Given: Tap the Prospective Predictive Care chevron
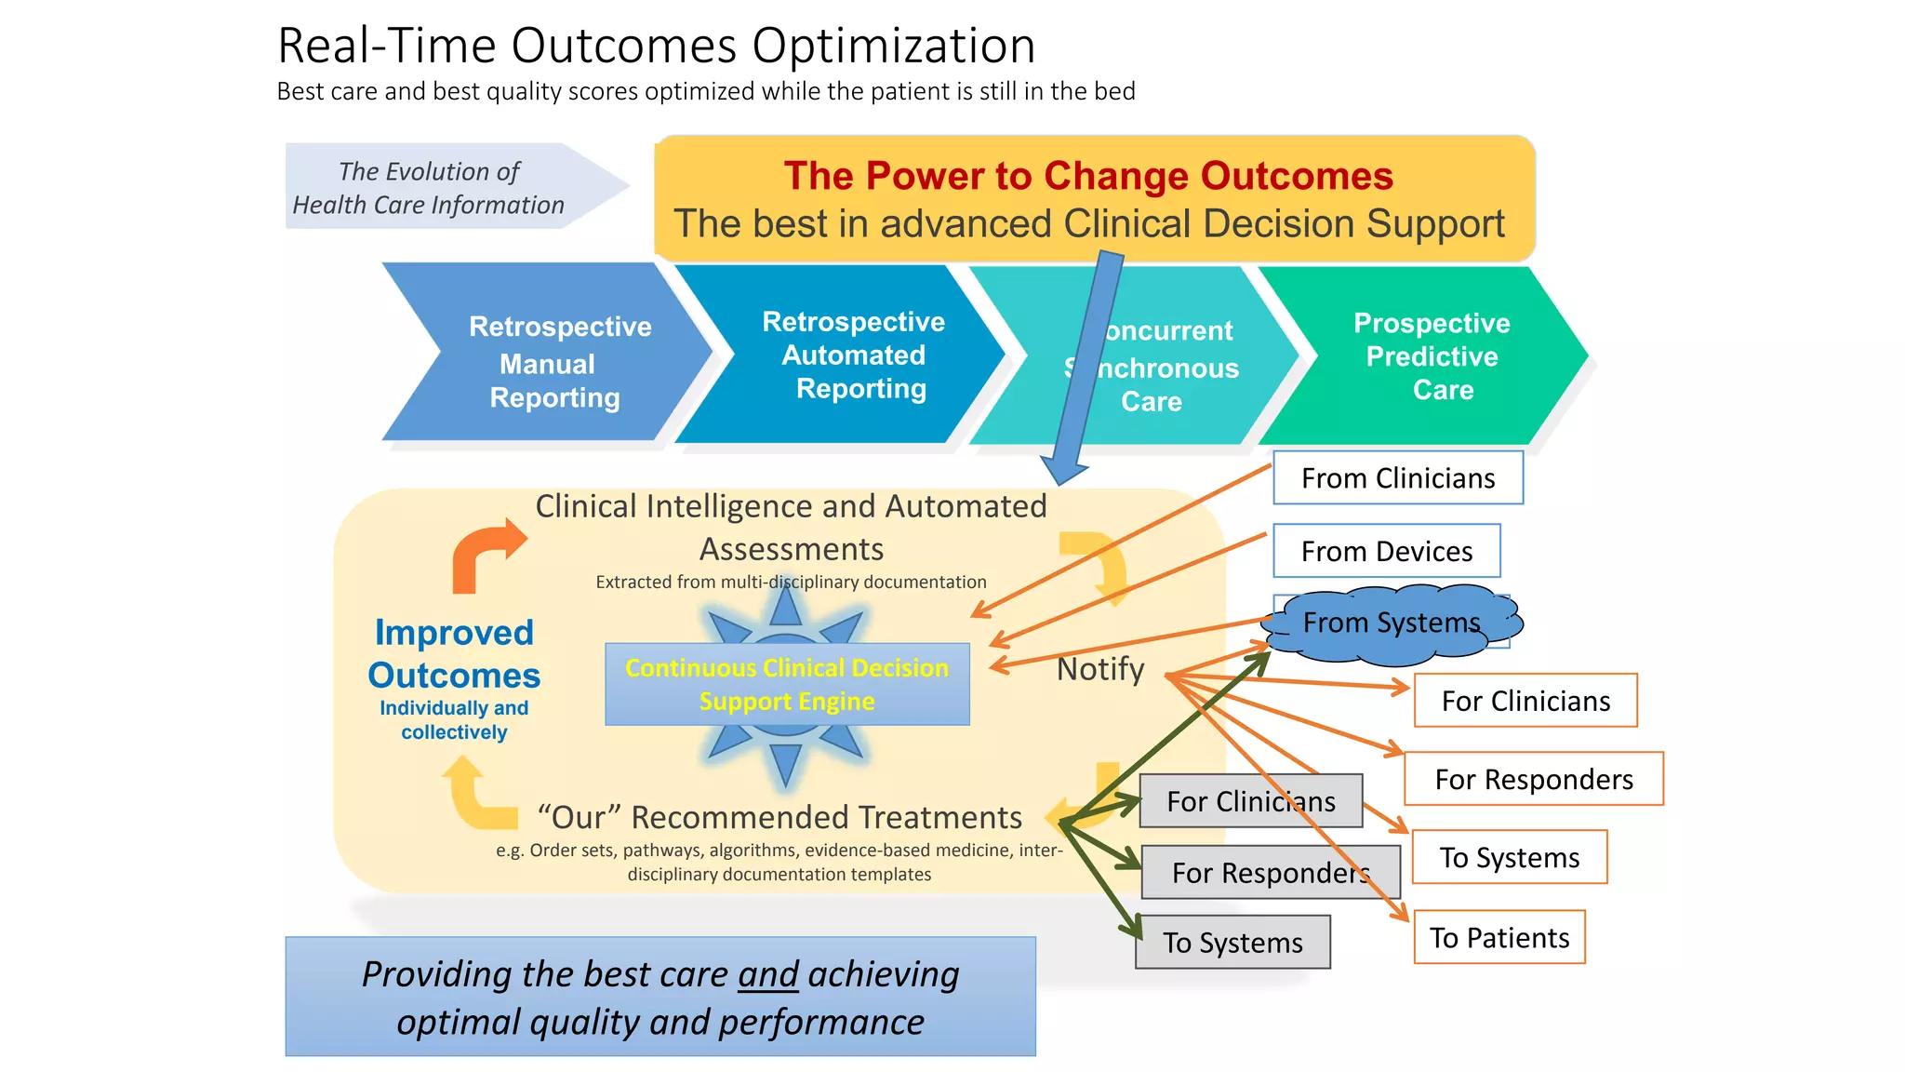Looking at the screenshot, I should pyautogui.click(x=1432, y=356).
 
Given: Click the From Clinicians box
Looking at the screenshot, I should pyautogui.click(x=1397, y=478).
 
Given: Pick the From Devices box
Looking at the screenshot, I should pyautogui.click(x=1386, y=551).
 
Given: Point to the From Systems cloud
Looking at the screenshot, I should pyautogui.click(x=1391, y=623).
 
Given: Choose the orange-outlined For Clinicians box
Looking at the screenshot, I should pyautogui.click(x=1525, y=701).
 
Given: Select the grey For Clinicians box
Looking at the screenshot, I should pyautogui.click(x=1250, y=801).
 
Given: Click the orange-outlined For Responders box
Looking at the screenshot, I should pyautogui.click(x=1534, y=779).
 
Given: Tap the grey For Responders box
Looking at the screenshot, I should pyautogui.click(x=1270, y=873).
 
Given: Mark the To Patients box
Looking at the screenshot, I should pyautogui.click(x=1499, y=937).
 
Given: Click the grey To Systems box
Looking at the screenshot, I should pyautogui.click(x=1232, y=943).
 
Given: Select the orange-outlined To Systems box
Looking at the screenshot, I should pyautogui.click(x=1509, y=857).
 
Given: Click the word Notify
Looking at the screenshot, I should pyautogui.click(x=1100, y=669).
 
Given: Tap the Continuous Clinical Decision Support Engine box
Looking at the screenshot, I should pyautogui.click(x=787, y=684).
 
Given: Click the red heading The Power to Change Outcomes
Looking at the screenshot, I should pyautogui.click(x=1088, y=176).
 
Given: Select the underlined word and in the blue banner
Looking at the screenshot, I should pyautogui.click(x=768, y=974).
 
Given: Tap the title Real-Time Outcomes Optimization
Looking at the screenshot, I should pyautogui.click(x=656, y=45).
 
